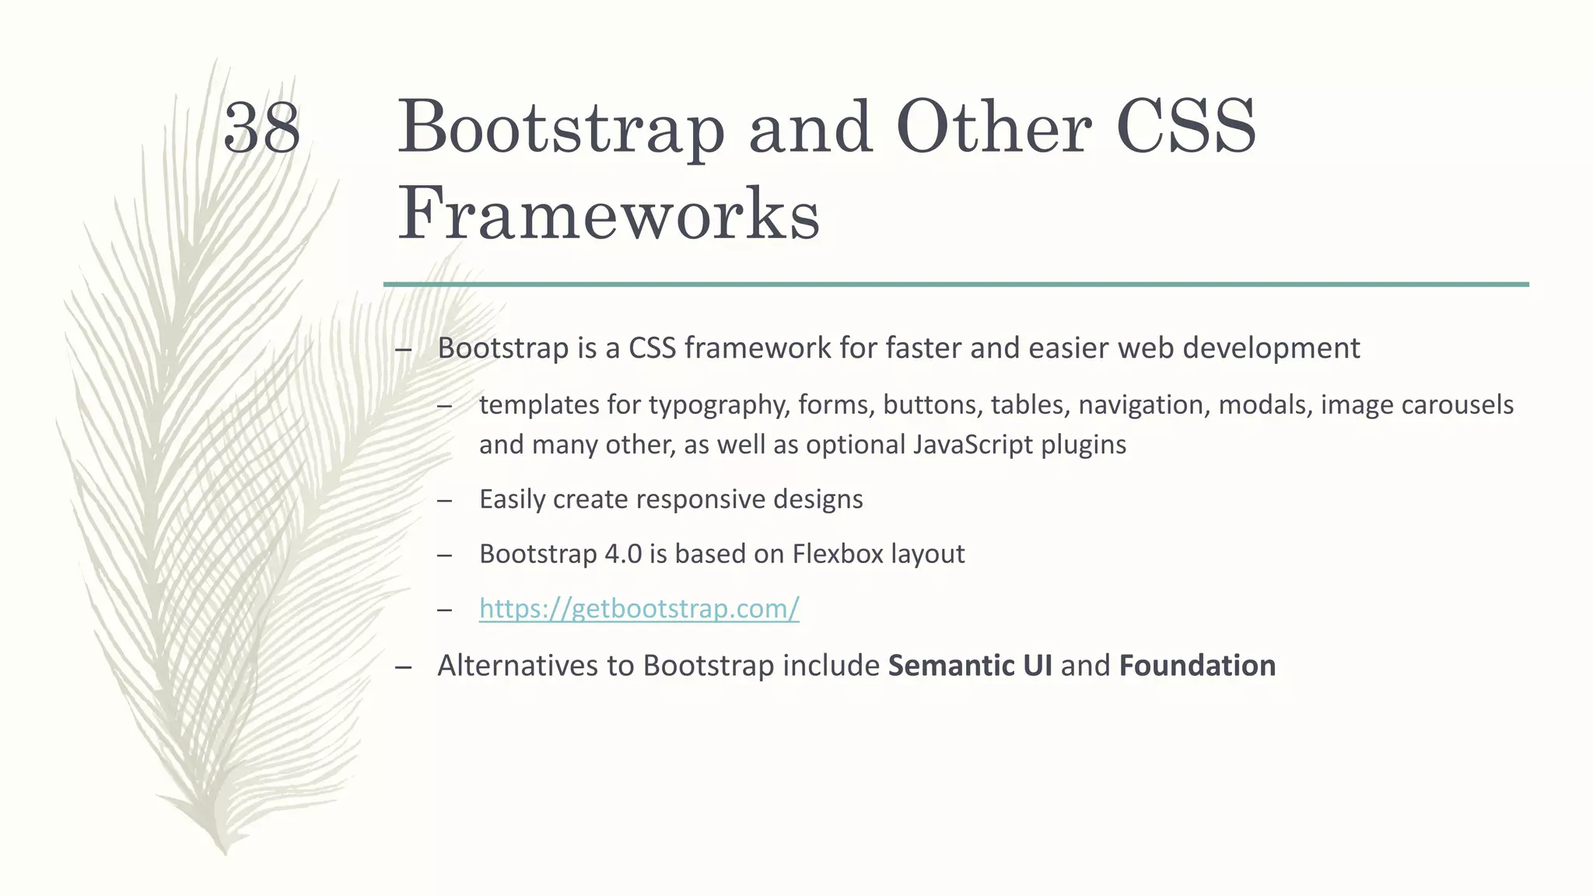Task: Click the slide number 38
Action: [x=261, y=128]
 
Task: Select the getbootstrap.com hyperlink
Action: [x=639, y=608]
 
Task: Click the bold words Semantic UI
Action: [x=969, y=666]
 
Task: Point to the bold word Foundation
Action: [x=1197, y=666]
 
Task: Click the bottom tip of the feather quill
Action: [x=225, y=852]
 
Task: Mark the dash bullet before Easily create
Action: [x=444, y=500]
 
